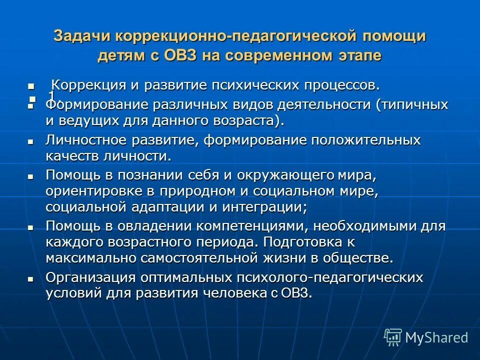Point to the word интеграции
point(269,207)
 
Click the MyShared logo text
point(436,337)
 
